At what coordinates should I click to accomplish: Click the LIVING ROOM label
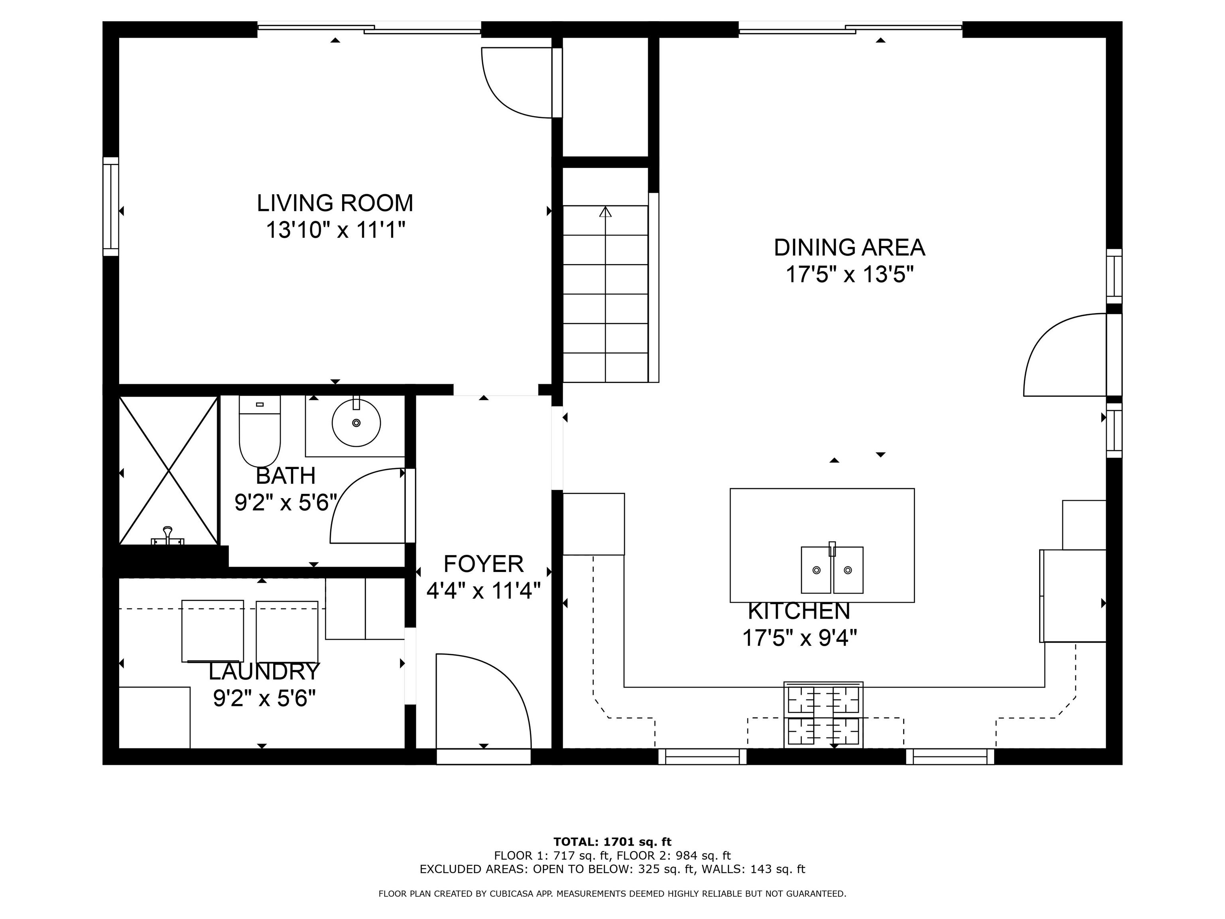tap(335, 203)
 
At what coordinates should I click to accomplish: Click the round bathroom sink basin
tap(356, 423)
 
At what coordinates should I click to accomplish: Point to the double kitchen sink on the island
tap(832, 570)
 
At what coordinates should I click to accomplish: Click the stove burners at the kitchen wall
tap(823, 715)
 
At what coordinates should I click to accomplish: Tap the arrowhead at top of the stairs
tap(605, 212)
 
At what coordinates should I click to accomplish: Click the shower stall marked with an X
tap(168, 471)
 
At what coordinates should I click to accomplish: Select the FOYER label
tap(483, 564)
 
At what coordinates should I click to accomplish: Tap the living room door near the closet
tap(518, 83)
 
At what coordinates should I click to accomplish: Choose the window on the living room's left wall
tap(111, 207)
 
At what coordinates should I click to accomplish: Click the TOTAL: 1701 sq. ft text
tap(612, 842)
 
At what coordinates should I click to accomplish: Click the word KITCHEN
tap(799, 611)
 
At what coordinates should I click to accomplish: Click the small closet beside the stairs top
tap(605, 97)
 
